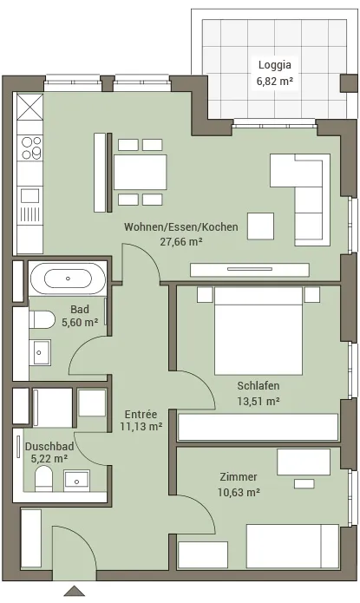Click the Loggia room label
[275, 64]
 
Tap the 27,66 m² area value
[181, 242]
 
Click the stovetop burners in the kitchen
[31, 148]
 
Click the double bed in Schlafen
[259, 331]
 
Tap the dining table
[141, 172]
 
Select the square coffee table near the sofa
[260, 226]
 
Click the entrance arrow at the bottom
[75, 591]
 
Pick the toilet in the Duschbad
[43, 479]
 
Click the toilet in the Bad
[43, 319]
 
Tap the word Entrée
[141, 414]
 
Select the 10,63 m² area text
[239, 492]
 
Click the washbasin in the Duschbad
[77, 481]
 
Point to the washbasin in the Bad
[40, 352]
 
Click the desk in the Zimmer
[304, 462]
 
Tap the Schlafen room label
[259, 385]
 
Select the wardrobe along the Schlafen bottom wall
[259, 427]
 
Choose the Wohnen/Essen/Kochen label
[180, 226]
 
